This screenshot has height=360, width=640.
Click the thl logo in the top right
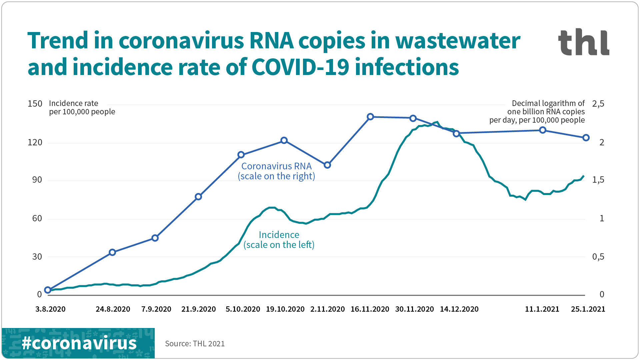click(583, 42)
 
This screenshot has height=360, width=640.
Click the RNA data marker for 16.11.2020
click(370, 117)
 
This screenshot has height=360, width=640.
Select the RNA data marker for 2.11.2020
click(327, 165)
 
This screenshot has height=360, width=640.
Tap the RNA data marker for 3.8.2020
click(48, 290)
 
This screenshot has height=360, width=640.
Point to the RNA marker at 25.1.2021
click(586, 138)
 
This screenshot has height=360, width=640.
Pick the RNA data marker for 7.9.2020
click(155, 238)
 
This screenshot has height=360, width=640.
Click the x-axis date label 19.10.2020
click(285, 309)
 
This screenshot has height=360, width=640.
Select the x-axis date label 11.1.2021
click(542, 309)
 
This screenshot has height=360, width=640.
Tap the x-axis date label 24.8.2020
click(113, 309)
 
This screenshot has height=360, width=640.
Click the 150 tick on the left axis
click(35, 104)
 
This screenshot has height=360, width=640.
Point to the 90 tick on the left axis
click(37, 180)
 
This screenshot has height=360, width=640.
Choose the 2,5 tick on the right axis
click(598, 104)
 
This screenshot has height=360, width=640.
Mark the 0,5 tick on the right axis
click(598, 257)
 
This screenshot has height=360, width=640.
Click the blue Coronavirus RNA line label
click(276, 171)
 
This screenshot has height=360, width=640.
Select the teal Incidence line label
click(279, 240)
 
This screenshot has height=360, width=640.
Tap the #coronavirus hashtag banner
click(79, 343)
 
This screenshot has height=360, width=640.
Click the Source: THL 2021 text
click(195, 344)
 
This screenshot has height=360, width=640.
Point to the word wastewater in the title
click(457, 41)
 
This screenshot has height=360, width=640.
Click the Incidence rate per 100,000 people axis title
click(82, 107)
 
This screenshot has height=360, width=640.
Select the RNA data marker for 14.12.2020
click(456, 133)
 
